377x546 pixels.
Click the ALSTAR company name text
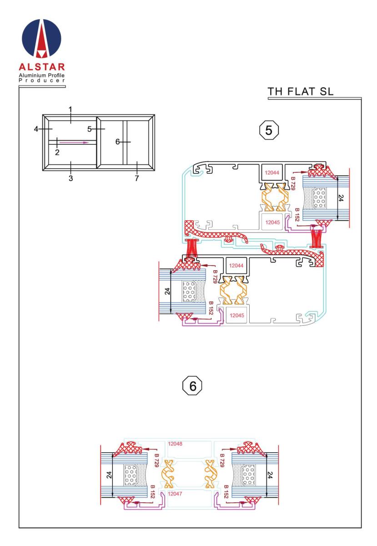42,67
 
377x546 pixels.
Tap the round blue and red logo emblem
41,39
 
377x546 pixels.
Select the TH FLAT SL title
300,91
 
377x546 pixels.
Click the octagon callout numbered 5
269,130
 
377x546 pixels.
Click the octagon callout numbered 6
192,386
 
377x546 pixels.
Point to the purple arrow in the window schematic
74,142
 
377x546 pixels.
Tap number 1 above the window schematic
70,110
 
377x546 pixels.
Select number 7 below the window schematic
137,178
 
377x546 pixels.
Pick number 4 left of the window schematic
36,129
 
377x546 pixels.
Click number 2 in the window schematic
57,152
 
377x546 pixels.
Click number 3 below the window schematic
70,178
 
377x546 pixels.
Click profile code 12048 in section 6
175,444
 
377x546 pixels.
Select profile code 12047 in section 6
175,494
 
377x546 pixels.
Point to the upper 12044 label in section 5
272,172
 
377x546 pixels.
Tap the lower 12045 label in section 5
236,315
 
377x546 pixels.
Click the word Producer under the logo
42,81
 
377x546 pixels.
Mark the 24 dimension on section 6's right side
270,475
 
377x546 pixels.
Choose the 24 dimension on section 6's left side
109,475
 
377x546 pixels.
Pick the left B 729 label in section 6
156,460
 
